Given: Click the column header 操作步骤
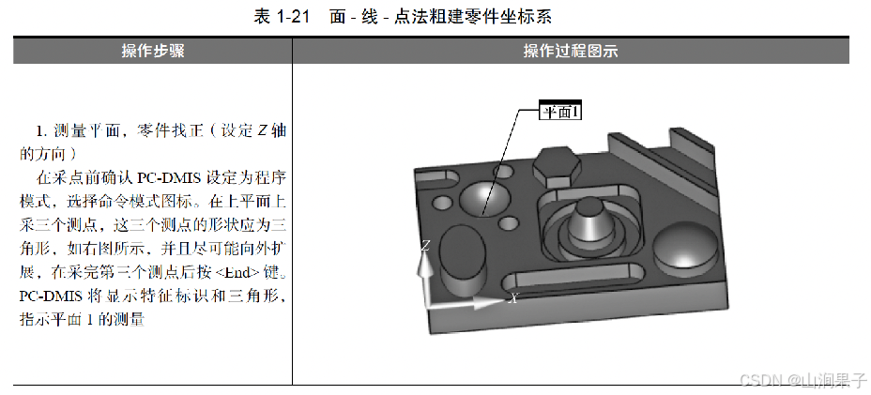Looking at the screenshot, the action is pos(152,51).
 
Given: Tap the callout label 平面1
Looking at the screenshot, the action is pos(561,112).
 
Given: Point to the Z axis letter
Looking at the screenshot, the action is pos(425,246).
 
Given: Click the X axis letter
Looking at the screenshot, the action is pos(513,298).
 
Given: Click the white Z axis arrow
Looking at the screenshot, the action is pos(426,277).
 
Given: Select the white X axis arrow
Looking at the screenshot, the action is pos(474,303).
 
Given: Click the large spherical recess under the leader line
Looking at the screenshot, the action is pos(482,194).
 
